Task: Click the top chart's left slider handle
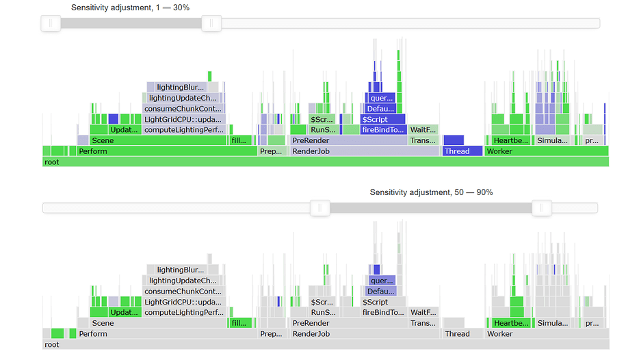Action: [x=51, y=23]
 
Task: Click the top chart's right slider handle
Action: [x=211, y=23]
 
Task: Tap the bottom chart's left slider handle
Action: [x=319, y=207]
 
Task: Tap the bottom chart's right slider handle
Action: [x=542, y=207]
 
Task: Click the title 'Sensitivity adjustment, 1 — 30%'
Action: [x=130, y=8]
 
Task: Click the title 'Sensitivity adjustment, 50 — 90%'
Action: [x=431, y=192]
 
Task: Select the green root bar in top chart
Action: [x=325, y=162]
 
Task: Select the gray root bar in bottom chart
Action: [x=325, y=344]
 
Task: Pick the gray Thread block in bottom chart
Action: [x=457, y=334]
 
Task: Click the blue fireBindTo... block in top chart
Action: [x=383, y=129]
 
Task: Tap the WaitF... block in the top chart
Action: [x=423, y=129]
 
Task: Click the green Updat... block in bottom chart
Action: [x=123, y=312]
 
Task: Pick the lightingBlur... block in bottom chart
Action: [x=181, y=270]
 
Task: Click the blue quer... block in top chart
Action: [x=381, y=98]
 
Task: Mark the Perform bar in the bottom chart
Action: [x=164, y=334]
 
